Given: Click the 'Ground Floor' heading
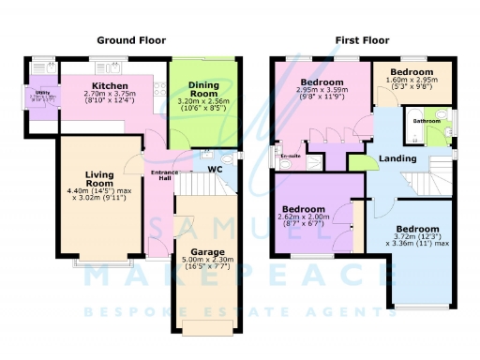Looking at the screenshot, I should pos(132,40).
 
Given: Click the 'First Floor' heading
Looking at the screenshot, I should pos(362,40).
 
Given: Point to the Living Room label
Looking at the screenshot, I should pos(98,179).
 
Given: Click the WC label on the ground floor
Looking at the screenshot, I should pos(215,170).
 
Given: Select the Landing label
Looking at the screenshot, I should pos(397,159).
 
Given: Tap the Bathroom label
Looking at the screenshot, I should pos(427,121).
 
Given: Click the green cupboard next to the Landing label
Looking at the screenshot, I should pos(357,162).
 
